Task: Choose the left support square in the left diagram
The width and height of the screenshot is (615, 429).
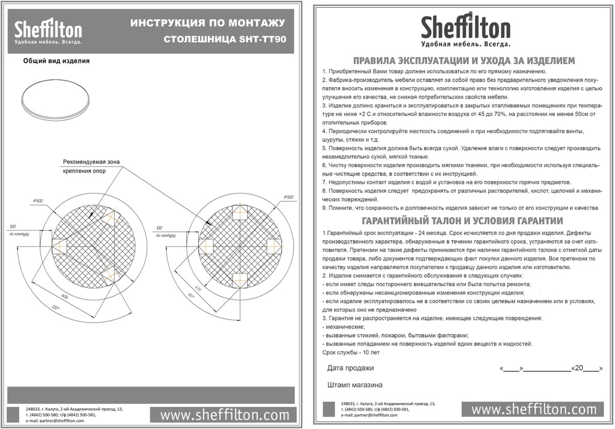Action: click(x=60, y=245)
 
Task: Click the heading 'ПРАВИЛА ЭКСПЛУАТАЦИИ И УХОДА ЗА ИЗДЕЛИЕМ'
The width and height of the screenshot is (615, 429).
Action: click(x=464, y=61)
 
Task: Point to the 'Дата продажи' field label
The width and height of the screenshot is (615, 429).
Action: click(x=350, y=368)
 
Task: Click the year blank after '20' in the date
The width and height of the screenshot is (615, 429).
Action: click(x=591, y=368)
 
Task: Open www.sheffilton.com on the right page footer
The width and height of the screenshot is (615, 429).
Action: click(x=533, y=410)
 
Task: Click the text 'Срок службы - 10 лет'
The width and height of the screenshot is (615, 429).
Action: click(x=351, y=353)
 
